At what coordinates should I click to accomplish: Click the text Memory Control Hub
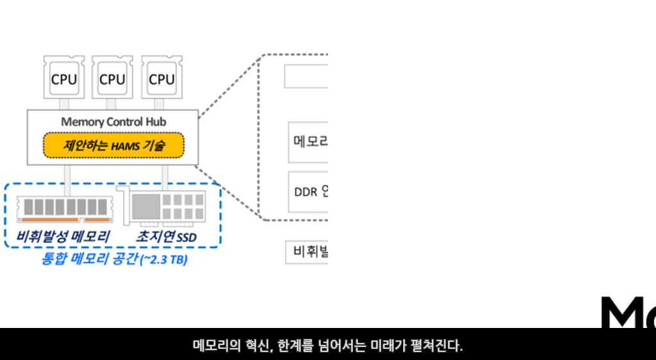(114, 122)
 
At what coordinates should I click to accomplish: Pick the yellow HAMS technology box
(113, 145)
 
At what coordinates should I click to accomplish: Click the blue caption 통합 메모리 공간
(89, 260)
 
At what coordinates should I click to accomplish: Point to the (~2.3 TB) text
(163, 261)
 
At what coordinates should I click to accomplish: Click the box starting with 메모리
(309, 142)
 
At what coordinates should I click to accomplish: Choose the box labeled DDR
(309, 192)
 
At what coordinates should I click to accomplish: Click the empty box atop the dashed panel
(306, 77)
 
